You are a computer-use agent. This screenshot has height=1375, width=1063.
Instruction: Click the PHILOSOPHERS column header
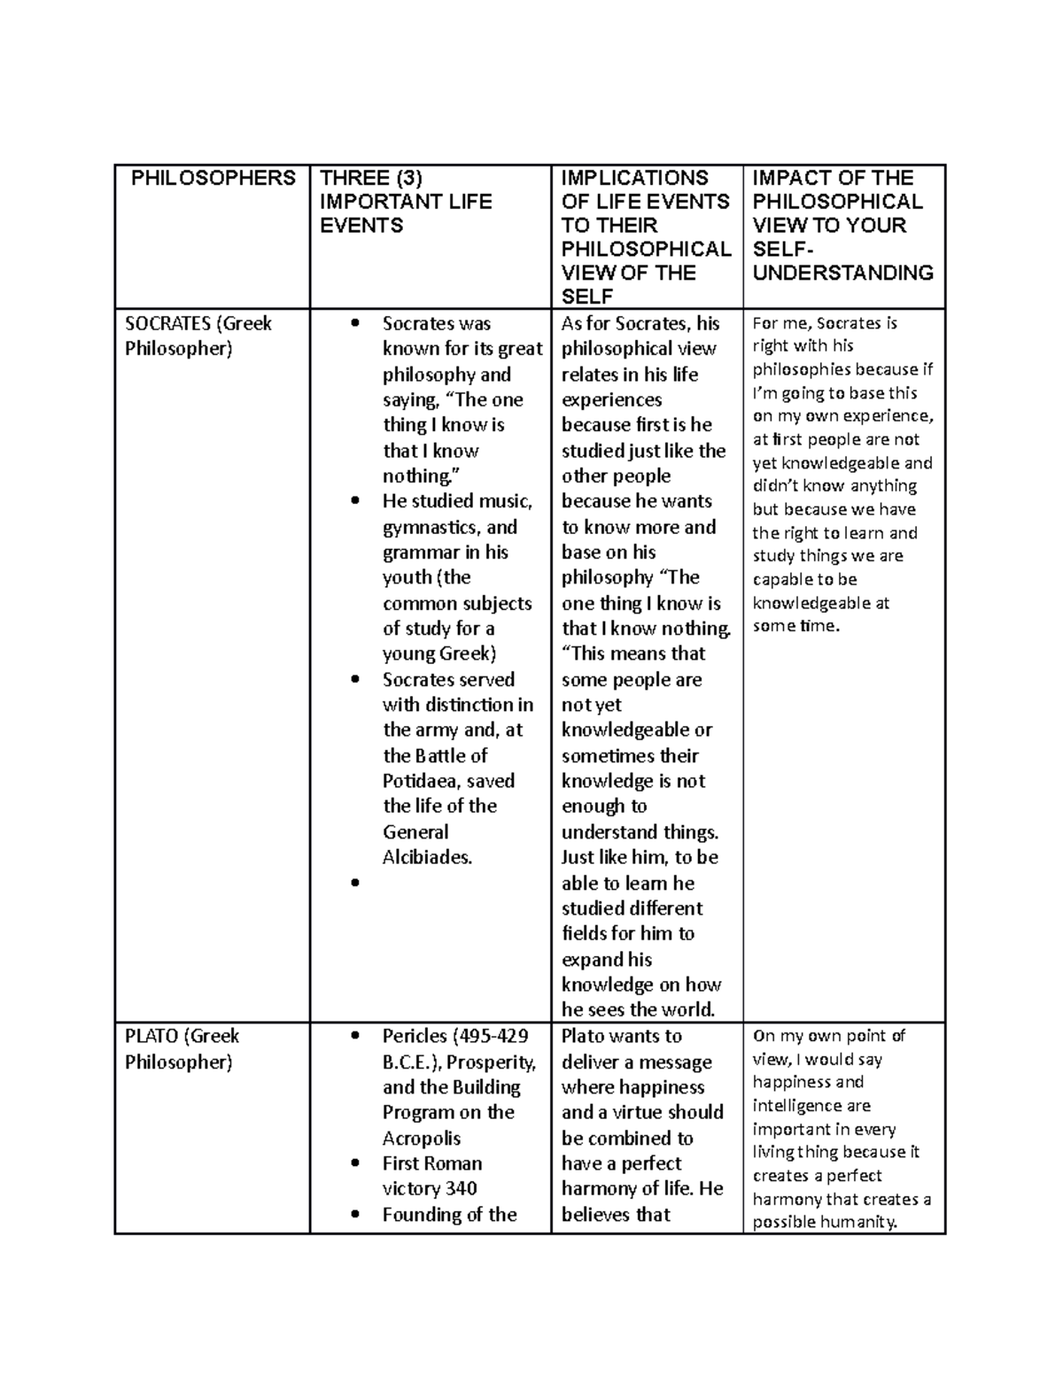pyautogui.click(x=213, y=178)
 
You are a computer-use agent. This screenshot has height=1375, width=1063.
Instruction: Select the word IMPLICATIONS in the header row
pyautogui.click(x=634, y=178)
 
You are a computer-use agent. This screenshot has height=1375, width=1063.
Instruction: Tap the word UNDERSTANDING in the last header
pyautogui.click(x=842, y=273)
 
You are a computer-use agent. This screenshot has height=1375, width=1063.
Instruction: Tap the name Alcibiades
pyautogui.click(x=427, y=857)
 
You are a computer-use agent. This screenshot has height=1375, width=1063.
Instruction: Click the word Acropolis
pyautogui.click(x=421, y=1138)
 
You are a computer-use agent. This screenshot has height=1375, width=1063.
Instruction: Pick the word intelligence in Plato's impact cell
pyautogui.click(x=800, y=1106)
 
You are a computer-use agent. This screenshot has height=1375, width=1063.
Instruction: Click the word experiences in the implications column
pyautogui.click(x=611, y=399)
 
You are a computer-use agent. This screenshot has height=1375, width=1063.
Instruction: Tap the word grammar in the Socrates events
pyautogui.click(x=421, y=552)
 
